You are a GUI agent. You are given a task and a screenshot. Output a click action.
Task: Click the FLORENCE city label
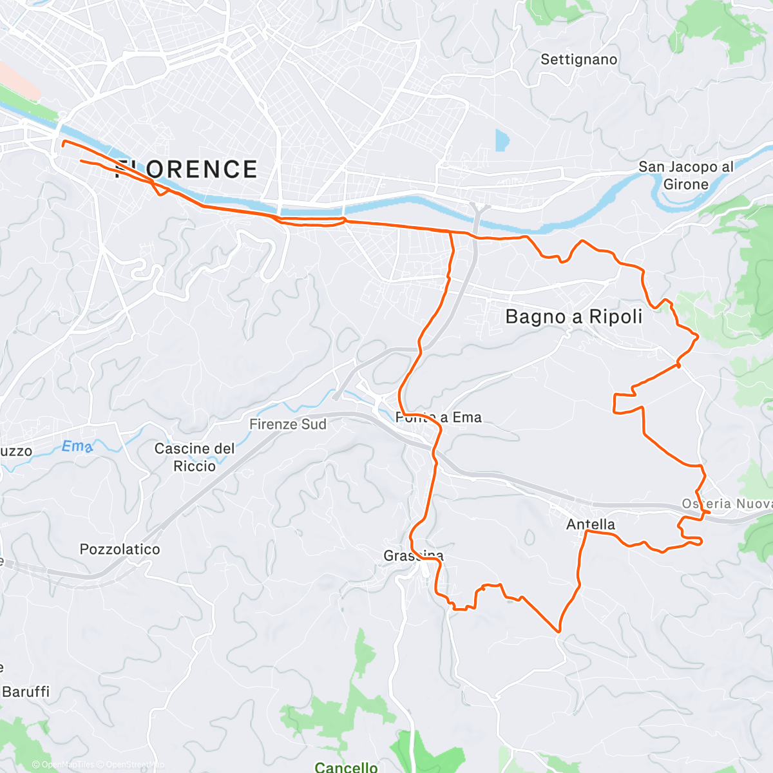coord(186,169)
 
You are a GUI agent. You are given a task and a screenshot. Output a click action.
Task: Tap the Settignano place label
coord(578,60)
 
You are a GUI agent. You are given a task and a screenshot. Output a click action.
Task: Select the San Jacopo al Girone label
coord(685,175)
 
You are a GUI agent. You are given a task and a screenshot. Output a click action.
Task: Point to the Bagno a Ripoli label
coord(574,316)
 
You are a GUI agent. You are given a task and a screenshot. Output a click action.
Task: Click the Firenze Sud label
coord(288,425)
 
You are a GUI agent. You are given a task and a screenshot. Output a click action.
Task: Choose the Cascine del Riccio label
coord(195,457)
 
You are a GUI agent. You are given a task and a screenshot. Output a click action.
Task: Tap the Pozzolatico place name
coord(120,549)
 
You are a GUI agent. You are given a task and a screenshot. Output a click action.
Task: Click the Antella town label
coord(591,524)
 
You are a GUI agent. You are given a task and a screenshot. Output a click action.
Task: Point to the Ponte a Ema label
coord(439,417)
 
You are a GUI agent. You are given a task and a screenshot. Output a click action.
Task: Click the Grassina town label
coord(414,555)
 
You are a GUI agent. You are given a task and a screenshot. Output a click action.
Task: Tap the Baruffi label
coord(26,692)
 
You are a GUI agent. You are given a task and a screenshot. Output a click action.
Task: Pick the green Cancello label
coord(346,767)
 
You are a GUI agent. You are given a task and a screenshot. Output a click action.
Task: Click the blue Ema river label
coord(77,446)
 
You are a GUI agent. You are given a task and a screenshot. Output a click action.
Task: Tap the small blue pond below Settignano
coord(501,140)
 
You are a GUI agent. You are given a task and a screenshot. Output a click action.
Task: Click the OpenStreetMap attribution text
coord(135,765)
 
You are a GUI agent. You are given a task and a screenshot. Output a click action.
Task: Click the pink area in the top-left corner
coord(16,81)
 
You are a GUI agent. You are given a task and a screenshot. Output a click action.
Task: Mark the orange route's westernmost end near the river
coord(62,145)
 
